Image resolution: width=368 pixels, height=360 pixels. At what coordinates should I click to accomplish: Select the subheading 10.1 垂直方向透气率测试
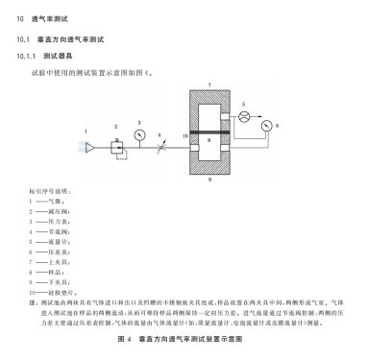(x=67, y=39)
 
